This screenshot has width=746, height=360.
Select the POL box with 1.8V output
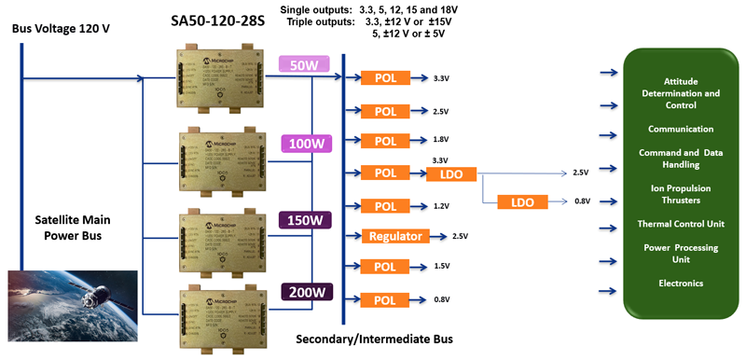(386, 141)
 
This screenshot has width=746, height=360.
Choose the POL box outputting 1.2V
(386, 205)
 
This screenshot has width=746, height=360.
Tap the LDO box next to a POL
(451, 173)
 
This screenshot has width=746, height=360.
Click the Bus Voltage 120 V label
(62, 29)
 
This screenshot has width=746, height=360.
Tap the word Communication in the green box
(681, 129)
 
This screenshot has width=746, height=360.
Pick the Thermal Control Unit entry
(681, 224)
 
